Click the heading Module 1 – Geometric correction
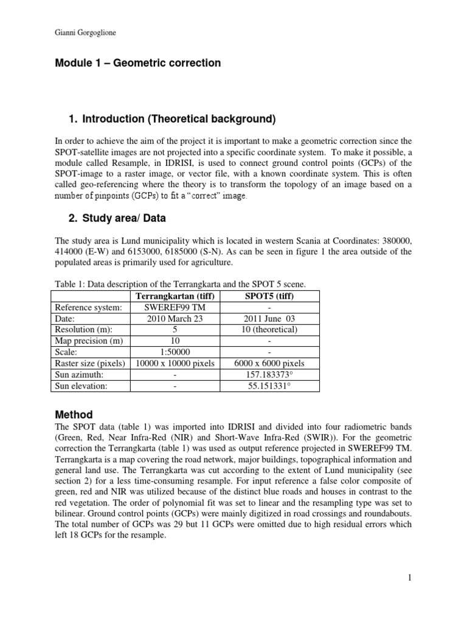(x=138, y=63)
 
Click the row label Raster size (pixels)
(x=90, y=363)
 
